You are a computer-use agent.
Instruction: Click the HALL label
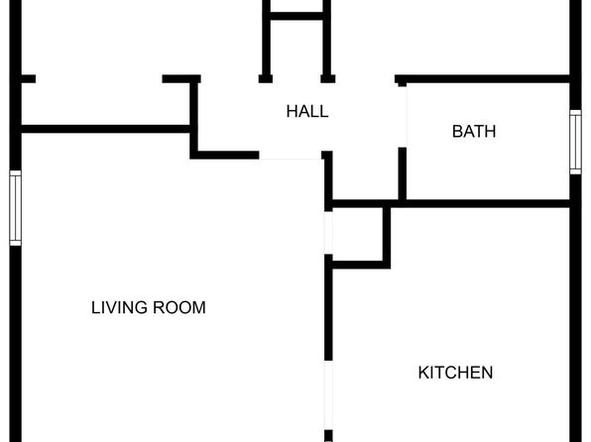307,112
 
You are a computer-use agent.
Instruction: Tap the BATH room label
474,132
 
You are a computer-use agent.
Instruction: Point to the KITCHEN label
455,373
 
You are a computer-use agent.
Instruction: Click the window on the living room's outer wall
16,208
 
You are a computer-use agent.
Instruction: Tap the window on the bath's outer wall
575,142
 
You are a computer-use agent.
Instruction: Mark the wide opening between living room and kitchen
328,395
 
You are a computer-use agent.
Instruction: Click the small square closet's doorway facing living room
328,233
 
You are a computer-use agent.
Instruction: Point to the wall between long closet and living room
105,129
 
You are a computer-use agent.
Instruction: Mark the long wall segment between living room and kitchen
328,307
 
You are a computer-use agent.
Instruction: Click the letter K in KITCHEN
422,373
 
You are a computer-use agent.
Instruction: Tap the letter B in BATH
457,132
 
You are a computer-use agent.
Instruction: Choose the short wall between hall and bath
403,173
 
